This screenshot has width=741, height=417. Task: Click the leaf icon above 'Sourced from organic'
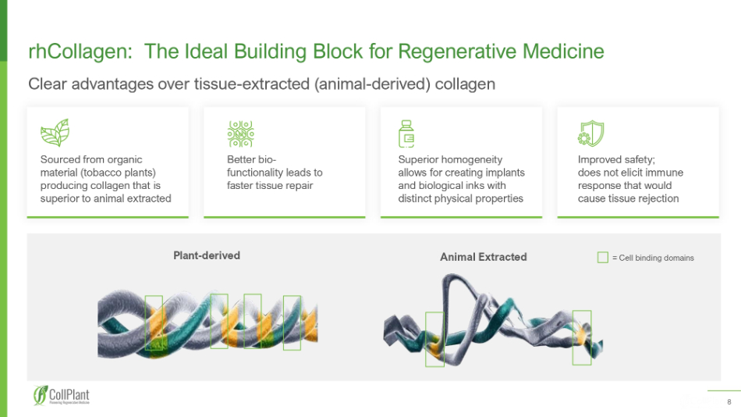55,133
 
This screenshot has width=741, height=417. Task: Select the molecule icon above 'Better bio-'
241,134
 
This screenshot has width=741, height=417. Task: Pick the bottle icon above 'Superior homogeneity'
406,134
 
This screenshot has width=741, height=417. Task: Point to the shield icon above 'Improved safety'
591,134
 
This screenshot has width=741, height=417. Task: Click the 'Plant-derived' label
206,255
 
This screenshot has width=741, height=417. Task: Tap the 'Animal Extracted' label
483,257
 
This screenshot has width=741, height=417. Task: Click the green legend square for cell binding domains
602,257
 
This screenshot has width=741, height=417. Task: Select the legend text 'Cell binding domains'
655,258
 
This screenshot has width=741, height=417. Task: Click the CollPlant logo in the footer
62,397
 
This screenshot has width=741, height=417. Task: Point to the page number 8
729,403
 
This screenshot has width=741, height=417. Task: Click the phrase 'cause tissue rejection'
628,198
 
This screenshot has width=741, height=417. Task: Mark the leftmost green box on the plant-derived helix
154,323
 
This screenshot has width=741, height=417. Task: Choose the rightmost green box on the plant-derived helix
292,323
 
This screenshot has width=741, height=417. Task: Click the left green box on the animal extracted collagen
434,339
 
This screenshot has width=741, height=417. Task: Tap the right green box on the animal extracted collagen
582,337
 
